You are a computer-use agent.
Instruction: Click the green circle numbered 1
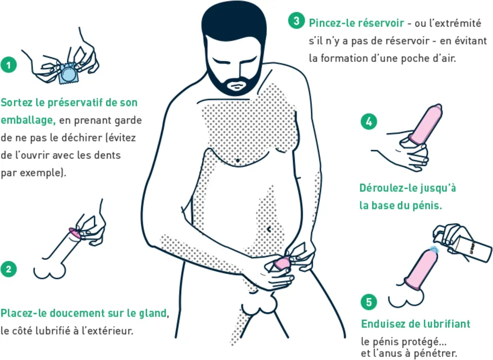9,65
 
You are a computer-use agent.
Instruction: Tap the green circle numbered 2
9,269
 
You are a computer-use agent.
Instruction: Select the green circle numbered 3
296,21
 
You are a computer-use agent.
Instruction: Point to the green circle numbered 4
369,122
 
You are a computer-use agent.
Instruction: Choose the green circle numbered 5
369,302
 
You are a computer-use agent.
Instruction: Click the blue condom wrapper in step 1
68,74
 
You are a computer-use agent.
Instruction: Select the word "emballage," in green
28,120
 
